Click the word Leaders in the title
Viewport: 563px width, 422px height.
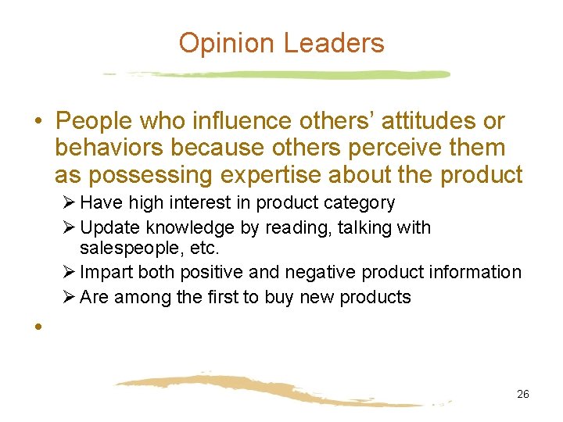pyautogui.click(x=334, y=43)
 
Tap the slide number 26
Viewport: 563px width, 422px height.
pyautogui.click(x=523, y=394)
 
